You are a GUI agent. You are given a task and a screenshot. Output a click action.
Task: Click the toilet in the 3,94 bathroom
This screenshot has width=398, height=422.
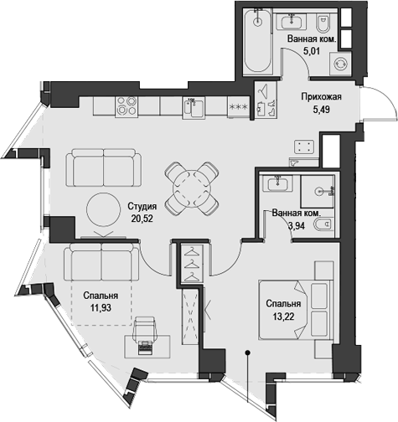(x=325, y=222)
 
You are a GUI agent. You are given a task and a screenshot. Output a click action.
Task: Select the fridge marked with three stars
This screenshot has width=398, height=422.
(x=238, y=106)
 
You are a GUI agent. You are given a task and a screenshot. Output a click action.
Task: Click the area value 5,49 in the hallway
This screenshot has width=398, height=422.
(x=323, y=110)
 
